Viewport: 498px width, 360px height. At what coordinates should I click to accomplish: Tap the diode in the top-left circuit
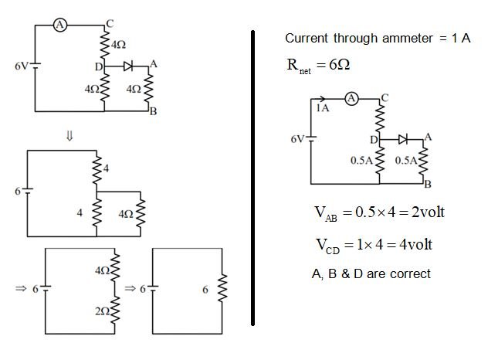tap(127, 68)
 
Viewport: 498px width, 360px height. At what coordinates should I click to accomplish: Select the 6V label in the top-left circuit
tap(22, 66)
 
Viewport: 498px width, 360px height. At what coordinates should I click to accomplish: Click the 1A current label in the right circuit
tap(322, 109)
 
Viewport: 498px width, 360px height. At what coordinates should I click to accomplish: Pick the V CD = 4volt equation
tap(370, 245)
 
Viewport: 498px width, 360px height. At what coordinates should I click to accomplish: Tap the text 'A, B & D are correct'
tap(370, 273)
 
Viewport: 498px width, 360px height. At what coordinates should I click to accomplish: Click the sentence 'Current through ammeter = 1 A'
tap(378, 39)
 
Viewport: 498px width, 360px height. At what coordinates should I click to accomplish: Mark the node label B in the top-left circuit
tap(154, 112)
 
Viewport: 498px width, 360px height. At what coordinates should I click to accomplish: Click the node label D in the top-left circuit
tap(98, 69)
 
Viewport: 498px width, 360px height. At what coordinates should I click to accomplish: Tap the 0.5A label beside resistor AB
tap(406, 161)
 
